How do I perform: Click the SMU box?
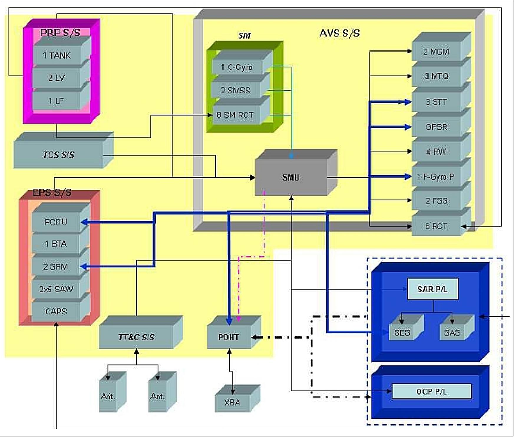click(291, 177)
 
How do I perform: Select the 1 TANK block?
click(57, 55)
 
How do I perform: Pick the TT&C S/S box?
click(136, 337)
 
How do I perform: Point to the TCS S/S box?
click(59, 155)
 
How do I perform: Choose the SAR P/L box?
click(432, 289)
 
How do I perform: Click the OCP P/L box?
click(432, 392)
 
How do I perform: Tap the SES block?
click(402, 332)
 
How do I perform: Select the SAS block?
click(452, 332)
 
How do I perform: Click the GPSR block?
click(436, 127)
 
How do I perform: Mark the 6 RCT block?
click(436, 226)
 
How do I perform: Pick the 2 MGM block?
click(436, 52)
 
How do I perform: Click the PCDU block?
click(56, 222)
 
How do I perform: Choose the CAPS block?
click(56, 311)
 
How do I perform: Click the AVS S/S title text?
click(340, 33)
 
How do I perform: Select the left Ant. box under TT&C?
click(108, 397)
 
